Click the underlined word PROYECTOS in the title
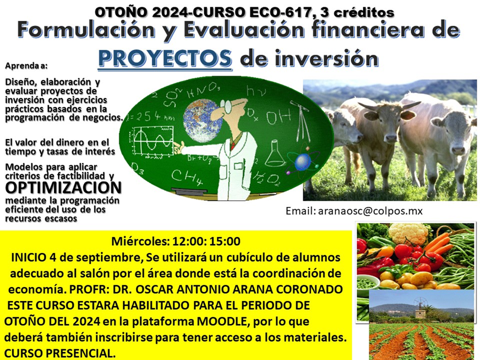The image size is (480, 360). tap(165, 58)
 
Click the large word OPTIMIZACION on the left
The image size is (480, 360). tap(63, 187)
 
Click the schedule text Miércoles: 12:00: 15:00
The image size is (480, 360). tap(176, 242)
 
